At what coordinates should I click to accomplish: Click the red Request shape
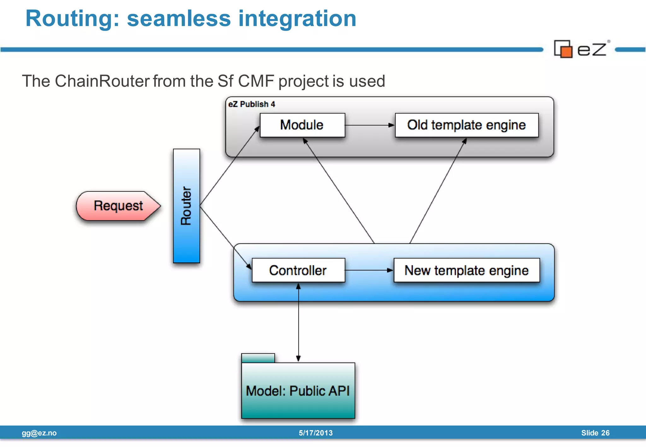pyautogui.click(x=118, y=206)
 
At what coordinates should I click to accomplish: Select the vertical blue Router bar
pyautogui.click(x=186, y=206)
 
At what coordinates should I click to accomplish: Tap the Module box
pyautogui.click(x=302, y=125)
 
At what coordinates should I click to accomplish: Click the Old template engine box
pyautogui.click(x=467, y=125)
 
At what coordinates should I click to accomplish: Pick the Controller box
pyautogui.click(x=298, y=270)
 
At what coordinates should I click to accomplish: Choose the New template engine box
pyautogui.click(x=467, y=270)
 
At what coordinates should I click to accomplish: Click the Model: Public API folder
pyautogui.click(x=298, y=391)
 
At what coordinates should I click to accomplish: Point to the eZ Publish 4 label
pyautogui.click(x=252, y=104)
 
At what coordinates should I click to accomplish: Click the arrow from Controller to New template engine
pyautogui.click(x=369, y=270)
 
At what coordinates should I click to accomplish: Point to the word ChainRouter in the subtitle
pyautogui.click(x=102, y=81)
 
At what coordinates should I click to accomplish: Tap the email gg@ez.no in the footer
pyautogui.click(x=39, y=433)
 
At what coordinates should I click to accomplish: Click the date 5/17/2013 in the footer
pyautogui.click(x=316, y=433)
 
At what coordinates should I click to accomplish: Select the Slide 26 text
pyautogui.click(x=595, y=433)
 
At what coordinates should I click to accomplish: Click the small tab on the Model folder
pyautogui.click(x=258, y=358)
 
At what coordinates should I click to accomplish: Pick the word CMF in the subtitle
pyautogui.click(x=256, y=81)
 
